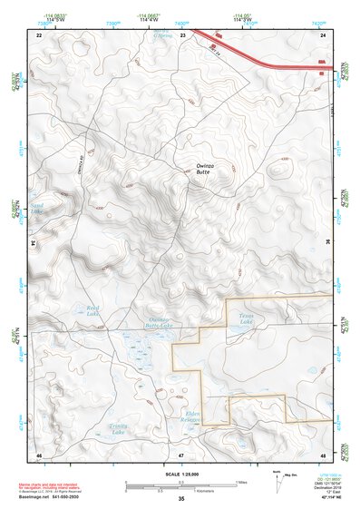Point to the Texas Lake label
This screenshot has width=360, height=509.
coord(238,318)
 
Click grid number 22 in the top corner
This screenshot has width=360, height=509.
coord(39,34)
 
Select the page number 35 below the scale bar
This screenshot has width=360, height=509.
coord(181,499)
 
